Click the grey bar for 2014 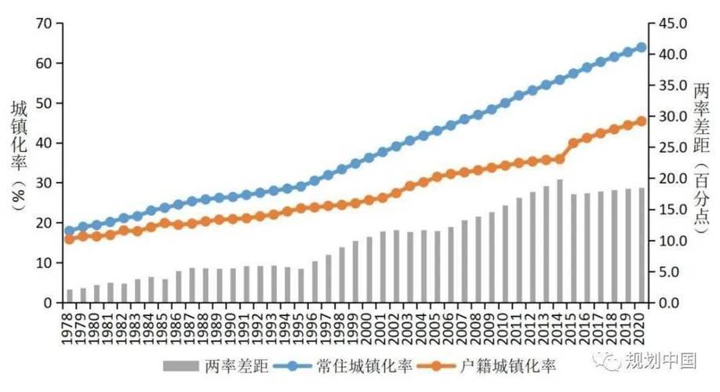[559, 241]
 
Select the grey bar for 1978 [70, 296]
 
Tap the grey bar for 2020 [642, 245]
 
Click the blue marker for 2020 [642, 47]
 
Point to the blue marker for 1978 [70, 231]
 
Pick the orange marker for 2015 [573, 143]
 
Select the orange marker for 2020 [642, 121]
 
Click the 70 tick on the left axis [44, 24]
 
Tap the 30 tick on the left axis [44, 183]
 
